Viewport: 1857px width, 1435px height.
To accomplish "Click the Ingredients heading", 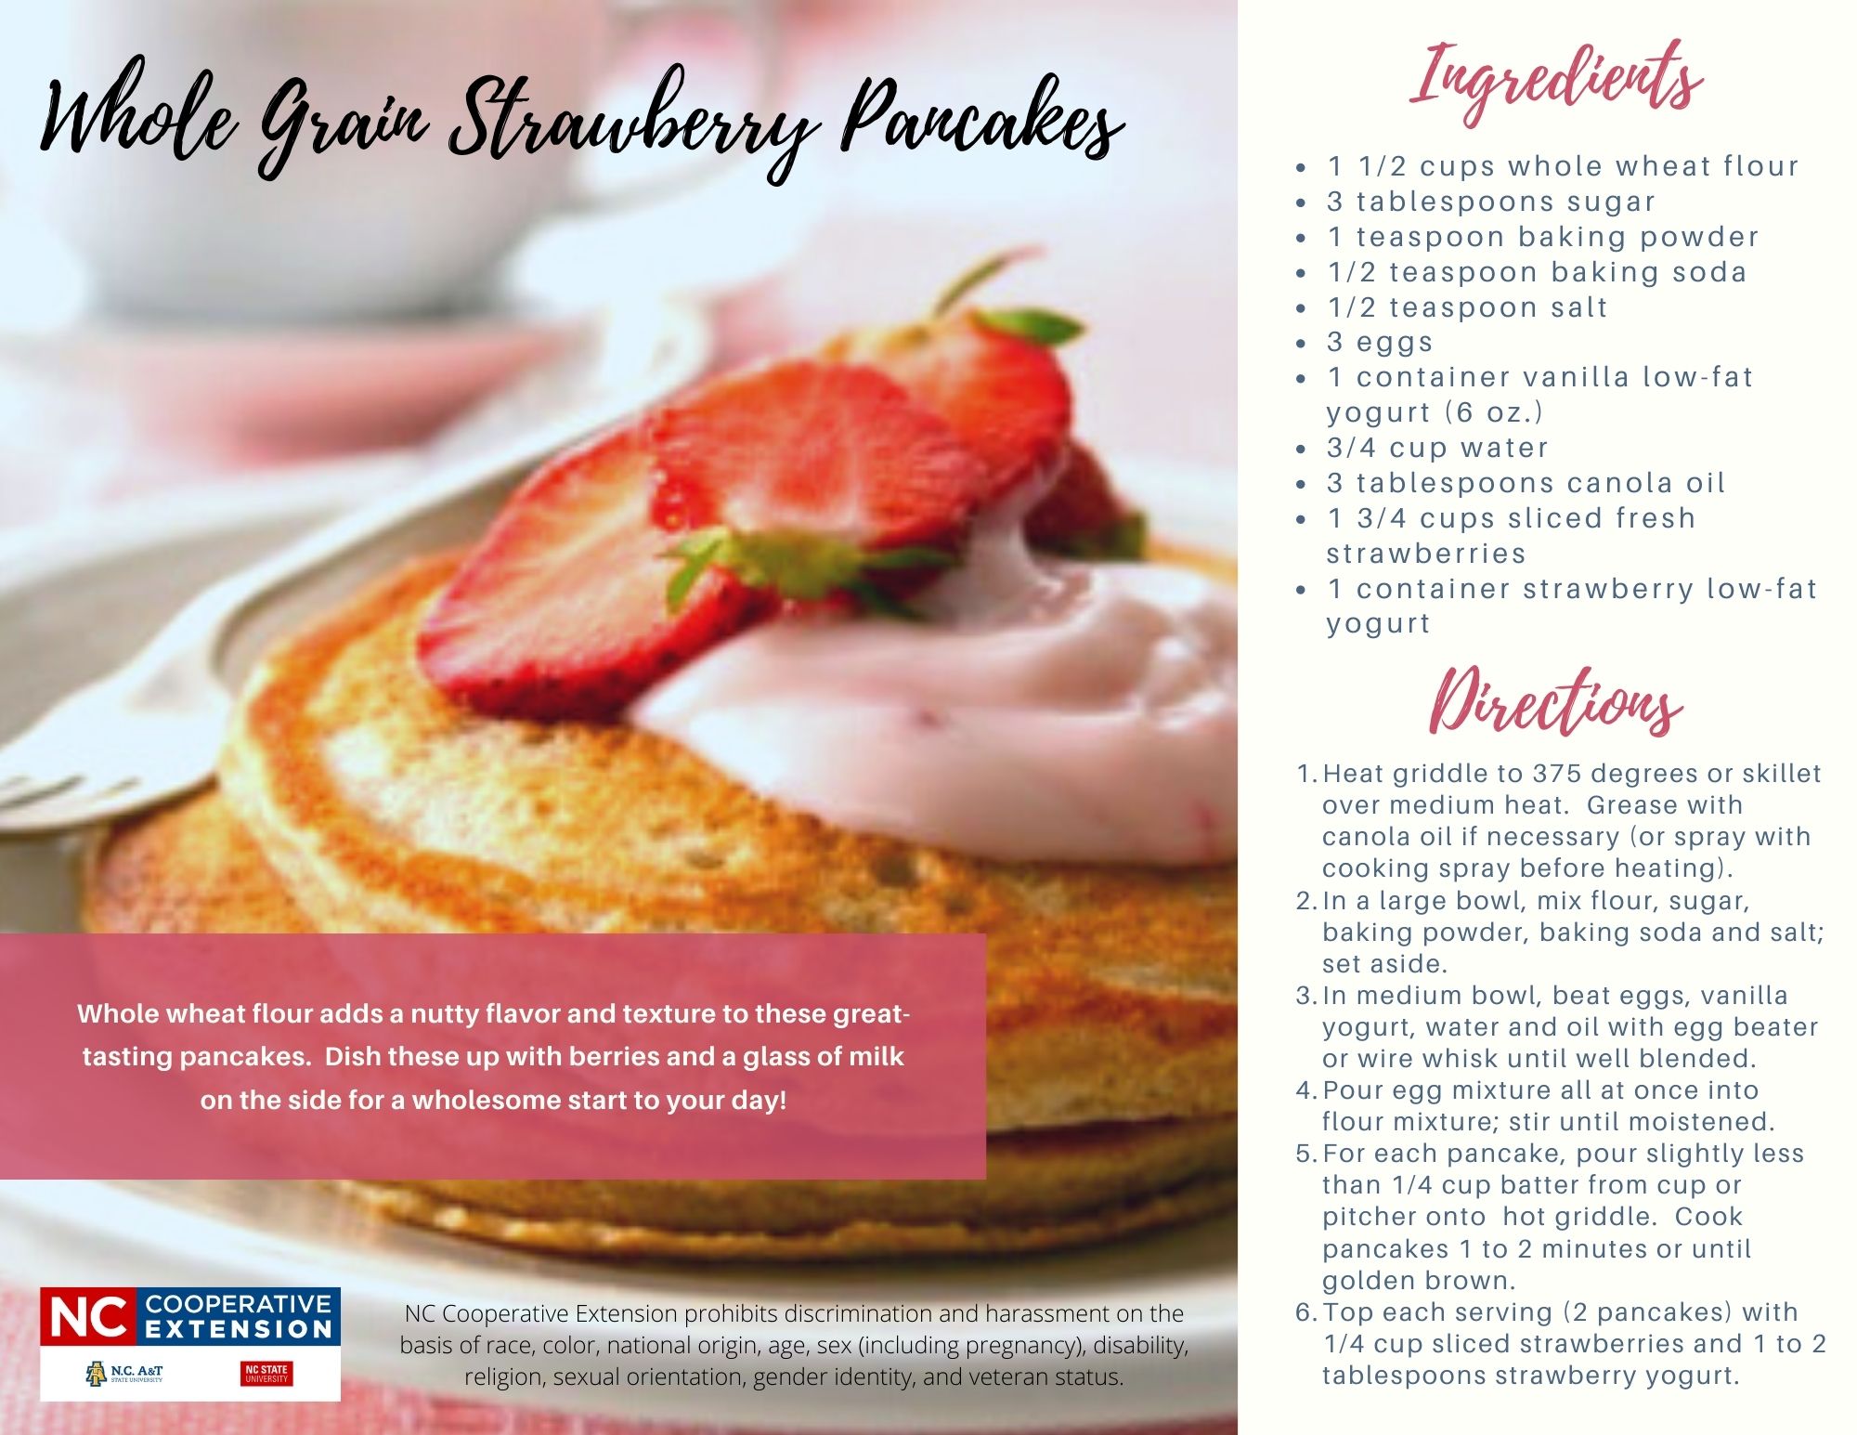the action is [x=1556, y=82].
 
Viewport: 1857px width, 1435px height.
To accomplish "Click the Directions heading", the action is [x=1555, y=702].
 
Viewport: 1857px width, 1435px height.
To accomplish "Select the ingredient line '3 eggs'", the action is [x=1380, y=342].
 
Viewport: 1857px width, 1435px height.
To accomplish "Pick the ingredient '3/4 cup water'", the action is [x=1437, y=448].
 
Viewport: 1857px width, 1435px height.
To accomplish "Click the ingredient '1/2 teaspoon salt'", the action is [x=1467, y=307].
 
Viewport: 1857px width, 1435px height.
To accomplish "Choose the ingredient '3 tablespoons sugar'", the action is [x=1491, y=202].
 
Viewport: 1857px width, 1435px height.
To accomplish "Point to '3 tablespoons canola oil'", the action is [x=1526, y=483].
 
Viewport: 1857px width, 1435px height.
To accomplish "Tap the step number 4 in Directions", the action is [x=1305, y=1090].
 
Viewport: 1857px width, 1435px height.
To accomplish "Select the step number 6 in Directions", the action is [x=1305, y=1312].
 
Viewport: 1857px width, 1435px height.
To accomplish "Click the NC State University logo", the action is [x=266, y=1373].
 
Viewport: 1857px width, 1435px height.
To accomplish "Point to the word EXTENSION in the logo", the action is [x=239, y=1329].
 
